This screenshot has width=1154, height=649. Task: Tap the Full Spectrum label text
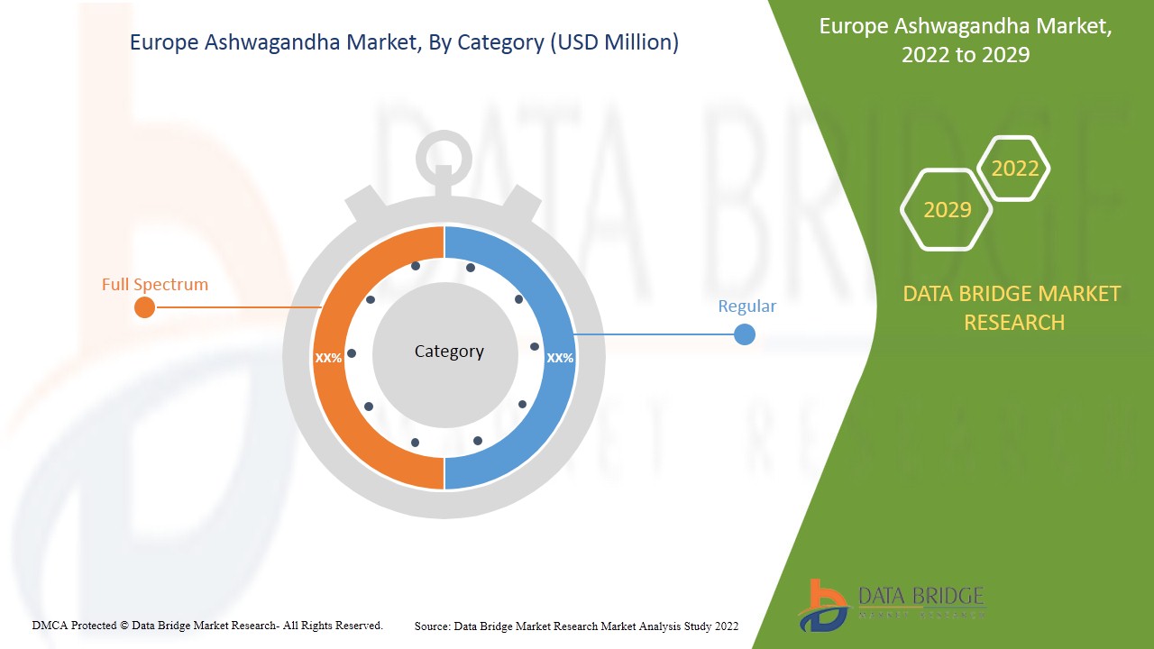(155, 285)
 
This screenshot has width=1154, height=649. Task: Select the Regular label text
(746, 306)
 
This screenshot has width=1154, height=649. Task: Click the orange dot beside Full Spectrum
(144, 308)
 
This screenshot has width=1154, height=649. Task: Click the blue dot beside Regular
(745, 335)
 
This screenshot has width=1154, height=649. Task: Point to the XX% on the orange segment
(328, 358)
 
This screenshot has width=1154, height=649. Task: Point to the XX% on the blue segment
(560, 358)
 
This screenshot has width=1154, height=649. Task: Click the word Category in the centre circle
(449, 352)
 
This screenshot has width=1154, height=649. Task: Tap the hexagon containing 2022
(1015, 169)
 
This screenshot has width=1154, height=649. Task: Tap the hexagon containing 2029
(948, 210)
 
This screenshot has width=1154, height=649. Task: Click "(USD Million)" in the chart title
(613, 42)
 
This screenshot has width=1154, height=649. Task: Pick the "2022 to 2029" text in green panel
(966, 55)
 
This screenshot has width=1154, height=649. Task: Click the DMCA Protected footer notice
(207, 625)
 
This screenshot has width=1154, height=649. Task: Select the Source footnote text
(576, 626)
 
